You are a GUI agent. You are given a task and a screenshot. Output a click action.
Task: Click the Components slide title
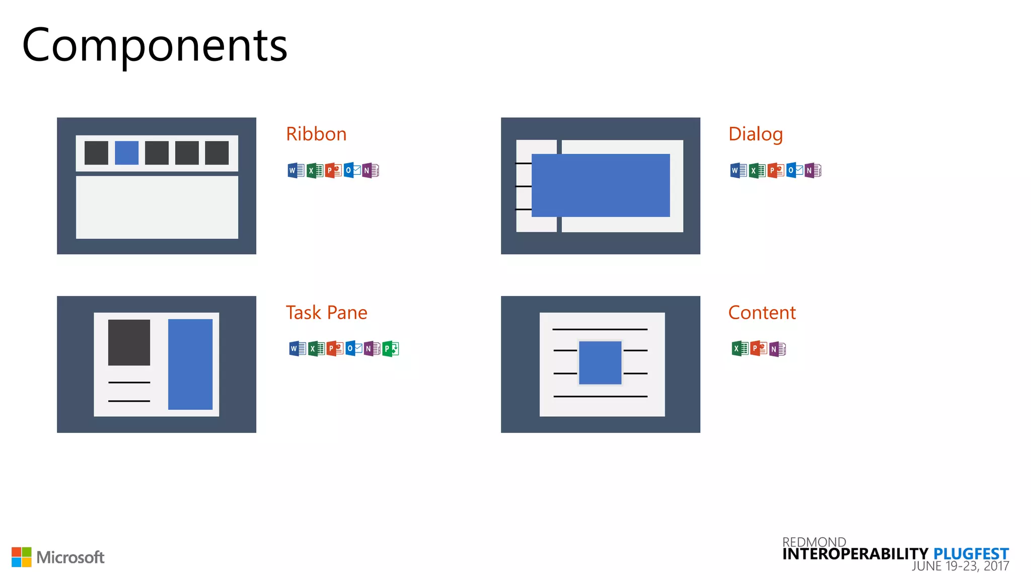pos(155,45)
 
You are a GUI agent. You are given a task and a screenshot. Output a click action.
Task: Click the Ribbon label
pos(316,134)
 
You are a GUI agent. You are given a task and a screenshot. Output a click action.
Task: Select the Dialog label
pos(755,134)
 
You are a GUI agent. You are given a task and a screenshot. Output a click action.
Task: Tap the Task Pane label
pos(326,313)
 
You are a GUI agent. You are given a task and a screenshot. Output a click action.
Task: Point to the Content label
pos(762,313)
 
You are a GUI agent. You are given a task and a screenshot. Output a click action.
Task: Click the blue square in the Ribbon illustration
pos(126,153)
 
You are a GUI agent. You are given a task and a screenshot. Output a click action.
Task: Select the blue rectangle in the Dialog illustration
pos(601,185)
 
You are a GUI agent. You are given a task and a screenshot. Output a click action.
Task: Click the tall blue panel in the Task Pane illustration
pos(190,364)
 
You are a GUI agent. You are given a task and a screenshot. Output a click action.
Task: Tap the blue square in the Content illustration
pos(600,362)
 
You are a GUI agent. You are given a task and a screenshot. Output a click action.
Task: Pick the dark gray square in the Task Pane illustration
pos(129,342)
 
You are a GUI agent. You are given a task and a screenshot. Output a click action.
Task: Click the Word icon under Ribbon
pos(296,171)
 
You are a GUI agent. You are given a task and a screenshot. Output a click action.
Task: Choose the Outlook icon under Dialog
pos(794,171)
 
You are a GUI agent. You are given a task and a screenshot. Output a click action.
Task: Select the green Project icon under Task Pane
pos(390,348)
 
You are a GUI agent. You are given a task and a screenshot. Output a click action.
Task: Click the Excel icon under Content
pos(740,348)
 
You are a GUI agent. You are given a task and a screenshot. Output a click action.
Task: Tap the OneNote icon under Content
pos(777,349)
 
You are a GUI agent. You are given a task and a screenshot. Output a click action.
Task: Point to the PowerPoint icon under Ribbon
pos(333,171)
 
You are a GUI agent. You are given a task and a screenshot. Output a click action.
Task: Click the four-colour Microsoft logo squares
pos(22,557)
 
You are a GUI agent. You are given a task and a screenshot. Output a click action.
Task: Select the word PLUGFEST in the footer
pos(971,554)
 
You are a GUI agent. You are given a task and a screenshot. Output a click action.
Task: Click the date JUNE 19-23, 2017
pos(960,566)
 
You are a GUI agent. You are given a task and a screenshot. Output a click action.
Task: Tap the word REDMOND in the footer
pos(814,542)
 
